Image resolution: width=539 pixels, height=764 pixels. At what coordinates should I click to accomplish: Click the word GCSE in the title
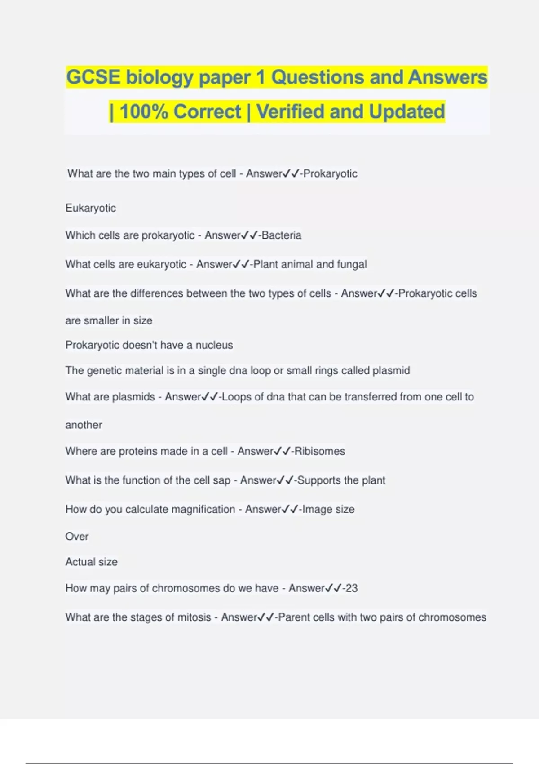(93, 77)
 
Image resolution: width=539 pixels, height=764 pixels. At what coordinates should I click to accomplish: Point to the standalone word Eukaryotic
(91, 208)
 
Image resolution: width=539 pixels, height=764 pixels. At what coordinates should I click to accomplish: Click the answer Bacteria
(282, 235)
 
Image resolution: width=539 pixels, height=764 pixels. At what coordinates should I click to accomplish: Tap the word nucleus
(214, 345)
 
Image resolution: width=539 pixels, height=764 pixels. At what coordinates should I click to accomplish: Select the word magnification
(203, 509)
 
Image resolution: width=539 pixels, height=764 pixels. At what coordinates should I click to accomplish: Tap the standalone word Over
(77, 536)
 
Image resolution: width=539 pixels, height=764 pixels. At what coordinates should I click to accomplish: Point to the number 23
(352, 588)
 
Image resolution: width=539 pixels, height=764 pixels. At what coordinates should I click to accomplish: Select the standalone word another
(84, 425)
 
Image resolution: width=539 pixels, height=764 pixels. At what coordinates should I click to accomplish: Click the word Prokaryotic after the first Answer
(331, 173)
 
